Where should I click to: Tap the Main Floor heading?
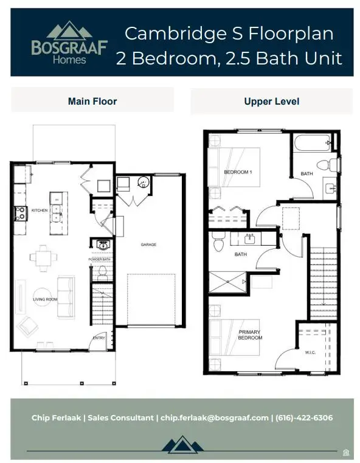pyautogui.click(x=92, y=101)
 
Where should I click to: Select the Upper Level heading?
pyautogui.click(x=271, y=101)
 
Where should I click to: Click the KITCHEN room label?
pyautogui.click(x=39, y=211)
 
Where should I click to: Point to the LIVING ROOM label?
pyautogui.click(x=44, y=299)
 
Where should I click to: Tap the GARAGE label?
pyautogui.click(x=148, y=245)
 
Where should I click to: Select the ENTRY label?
pyautogui.click(x=98, y=338)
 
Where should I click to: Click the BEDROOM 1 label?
pyautogui.click(x=237, y=172)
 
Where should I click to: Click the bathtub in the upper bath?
pyautogui.click(x=311, y=144)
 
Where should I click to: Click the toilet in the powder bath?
pyautogui.click(x=102, y=271)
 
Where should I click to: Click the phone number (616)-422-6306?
pyautogui.click(x=304, y=418)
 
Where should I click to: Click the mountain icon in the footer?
pyautogui.click(x=180, y=445)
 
